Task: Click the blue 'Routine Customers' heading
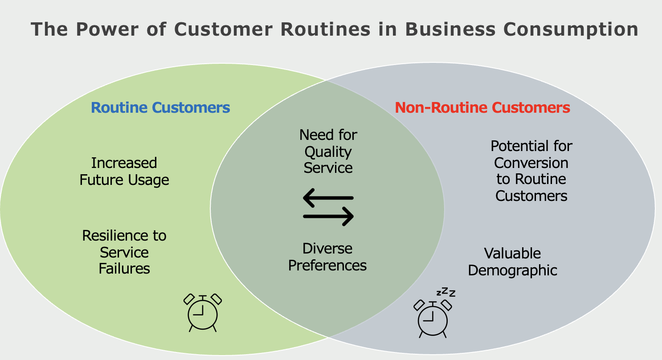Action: (160, 107)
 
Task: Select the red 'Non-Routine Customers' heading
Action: (482, 107)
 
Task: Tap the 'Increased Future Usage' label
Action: (124, 172)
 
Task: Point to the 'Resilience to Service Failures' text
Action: (124, 252)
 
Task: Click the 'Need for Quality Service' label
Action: (328, 151)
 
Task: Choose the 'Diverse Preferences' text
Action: (327, 257)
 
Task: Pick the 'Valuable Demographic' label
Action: (512, 262)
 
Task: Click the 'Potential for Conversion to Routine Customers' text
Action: (531, 171)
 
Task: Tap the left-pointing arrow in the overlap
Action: (328, 198)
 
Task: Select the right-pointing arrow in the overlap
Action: (328, 217)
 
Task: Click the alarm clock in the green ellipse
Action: (203, 313)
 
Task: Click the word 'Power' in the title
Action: (107, 29)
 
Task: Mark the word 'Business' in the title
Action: (450, 29)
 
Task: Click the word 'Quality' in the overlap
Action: (328, 152)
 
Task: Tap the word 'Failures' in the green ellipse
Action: (124, 268)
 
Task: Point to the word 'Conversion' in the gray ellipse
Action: (531, 163)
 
